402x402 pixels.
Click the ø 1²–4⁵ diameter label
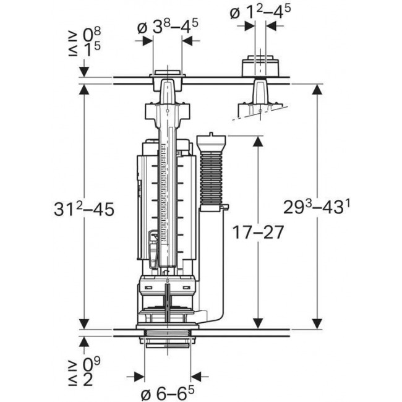pos(262,11)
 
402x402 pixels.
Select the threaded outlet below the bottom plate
pos(167,343)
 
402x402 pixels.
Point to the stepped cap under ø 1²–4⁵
pos(260,66)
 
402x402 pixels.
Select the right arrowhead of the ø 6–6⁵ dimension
pos(196,375)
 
